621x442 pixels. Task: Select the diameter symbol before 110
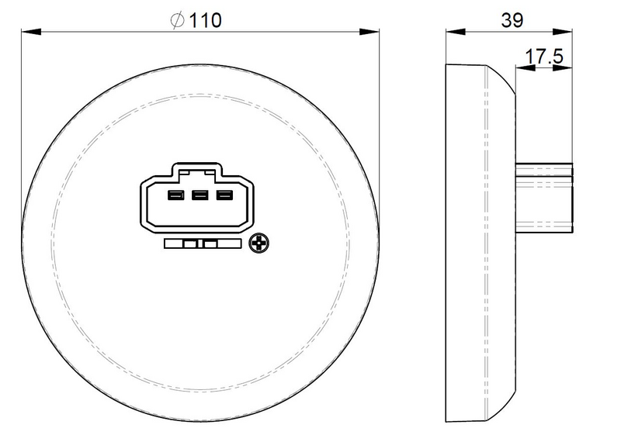pos(178,21)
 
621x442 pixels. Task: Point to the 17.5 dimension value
pos(544,56)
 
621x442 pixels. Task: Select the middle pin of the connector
pos(199,195)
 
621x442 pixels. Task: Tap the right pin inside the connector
pos(224,195)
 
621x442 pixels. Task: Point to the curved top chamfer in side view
pos(501,78)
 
